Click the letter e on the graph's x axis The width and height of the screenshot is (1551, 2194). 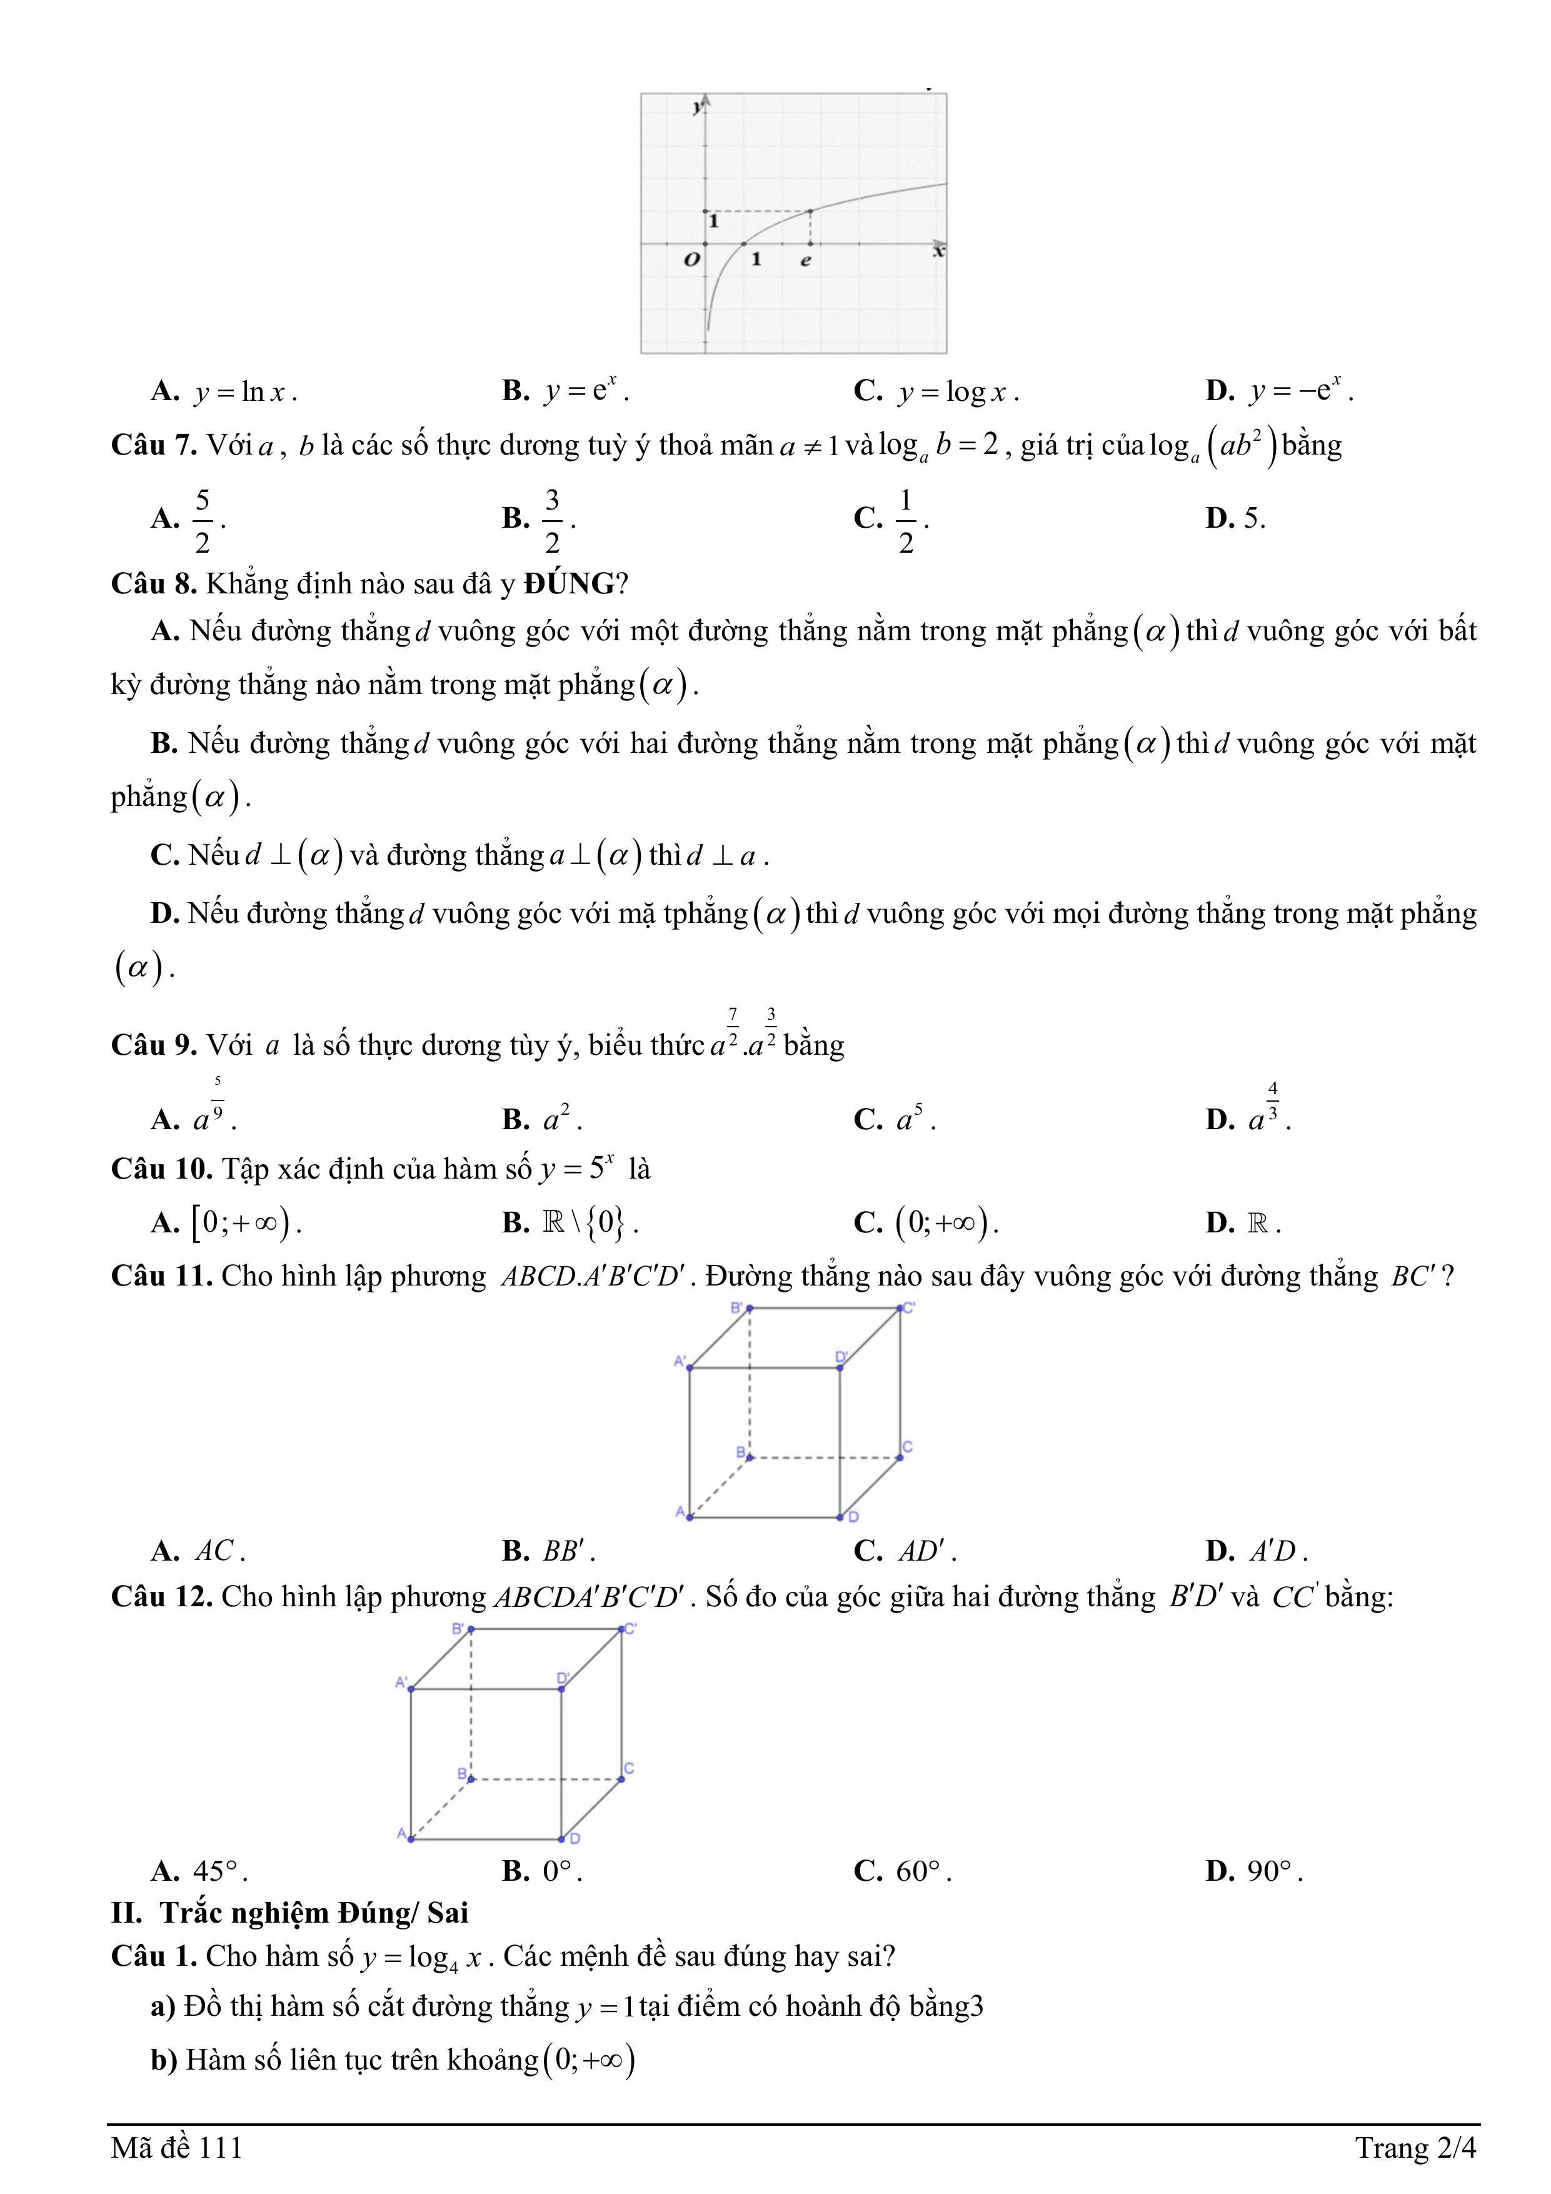point(806,261)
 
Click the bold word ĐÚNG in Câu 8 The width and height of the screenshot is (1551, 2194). point(569,584)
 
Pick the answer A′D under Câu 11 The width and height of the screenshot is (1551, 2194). point(1277,1551)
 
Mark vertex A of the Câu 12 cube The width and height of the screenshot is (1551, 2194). point(411,1838)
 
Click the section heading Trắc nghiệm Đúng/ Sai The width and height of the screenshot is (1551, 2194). point(313,1913)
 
